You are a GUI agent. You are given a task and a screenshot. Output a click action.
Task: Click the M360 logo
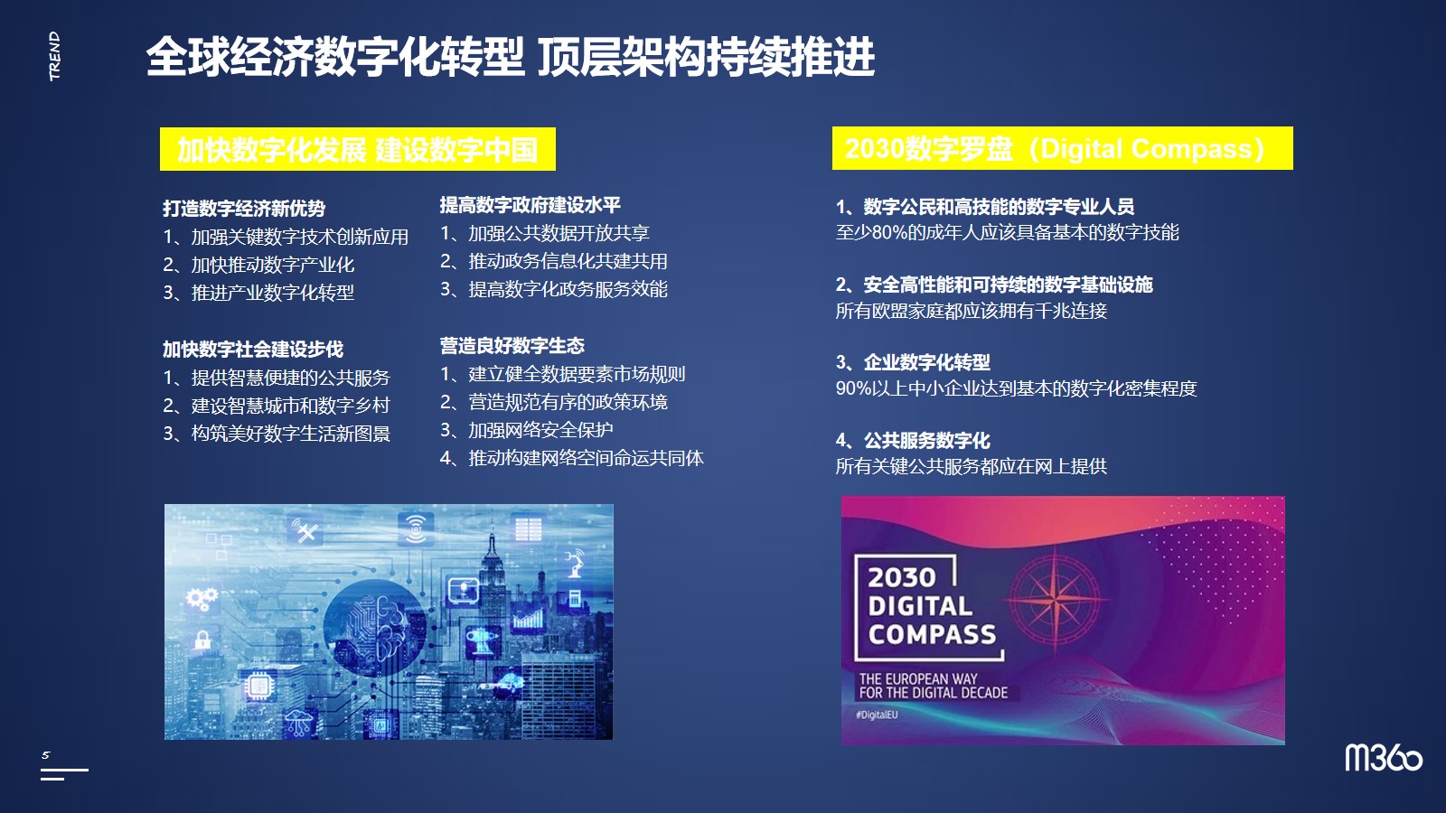1384,758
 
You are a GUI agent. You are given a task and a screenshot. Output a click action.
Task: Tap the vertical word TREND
55,56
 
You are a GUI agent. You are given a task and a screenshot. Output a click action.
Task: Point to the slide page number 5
45,755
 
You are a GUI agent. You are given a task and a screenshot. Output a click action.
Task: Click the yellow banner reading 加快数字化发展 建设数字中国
358,149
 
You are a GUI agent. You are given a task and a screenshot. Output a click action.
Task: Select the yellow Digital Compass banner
1063,148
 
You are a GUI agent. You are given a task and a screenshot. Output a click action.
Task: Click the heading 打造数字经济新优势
244,209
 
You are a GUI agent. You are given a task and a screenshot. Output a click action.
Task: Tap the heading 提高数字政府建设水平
530,205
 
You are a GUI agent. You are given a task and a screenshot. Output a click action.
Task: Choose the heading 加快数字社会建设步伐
253,349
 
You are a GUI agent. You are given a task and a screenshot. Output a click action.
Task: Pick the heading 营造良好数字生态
512,346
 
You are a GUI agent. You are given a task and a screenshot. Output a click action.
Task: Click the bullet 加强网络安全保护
540,430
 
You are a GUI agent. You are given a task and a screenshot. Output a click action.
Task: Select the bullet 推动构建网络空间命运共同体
586,458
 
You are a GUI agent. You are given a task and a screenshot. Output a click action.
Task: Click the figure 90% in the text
853,388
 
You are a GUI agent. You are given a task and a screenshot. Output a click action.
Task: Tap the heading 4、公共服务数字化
913,441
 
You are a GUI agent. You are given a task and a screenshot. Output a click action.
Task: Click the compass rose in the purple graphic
1055,599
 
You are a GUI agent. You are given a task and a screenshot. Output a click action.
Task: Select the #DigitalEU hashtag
877,715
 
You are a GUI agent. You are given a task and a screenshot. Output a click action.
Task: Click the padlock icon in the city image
202,639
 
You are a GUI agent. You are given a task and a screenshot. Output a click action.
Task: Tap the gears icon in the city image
202,600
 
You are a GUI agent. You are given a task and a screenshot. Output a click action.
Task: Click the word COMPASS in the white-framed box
932,635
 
